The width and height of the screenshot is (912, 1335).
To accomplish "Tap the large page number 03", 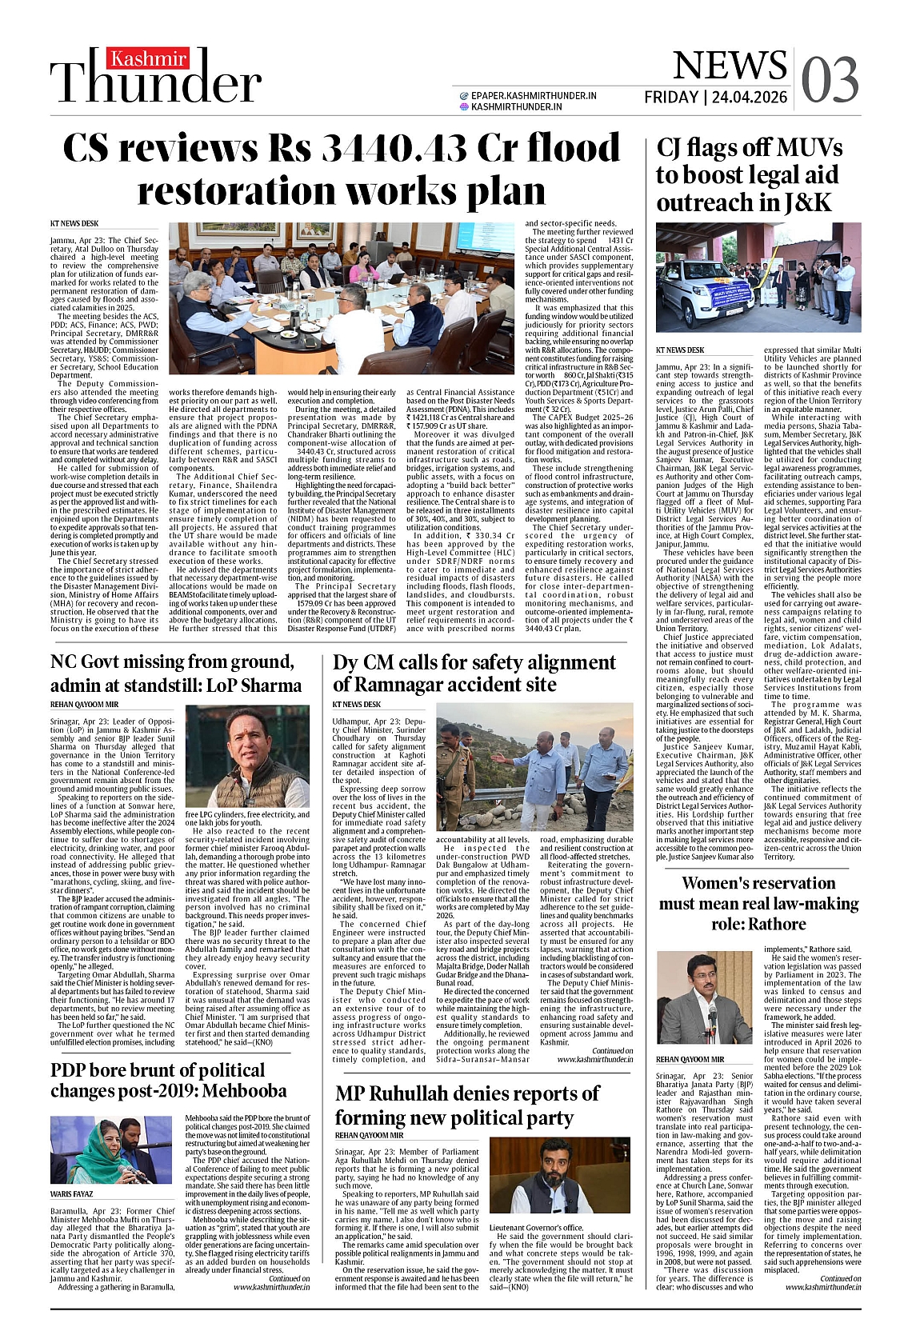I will [830, 81].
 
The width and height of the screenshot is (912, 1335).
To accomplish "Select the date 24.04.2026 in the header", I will [748, 98].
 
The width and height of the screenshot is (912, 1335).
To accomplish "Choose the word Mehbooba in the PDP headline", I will [246, 1090].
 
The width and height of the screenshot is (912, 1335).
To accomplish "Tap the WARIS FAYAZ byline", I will [72, 1194].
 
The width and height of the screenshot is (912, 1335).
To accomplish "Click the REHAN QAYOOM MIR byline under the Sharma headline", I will [84, 705].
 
